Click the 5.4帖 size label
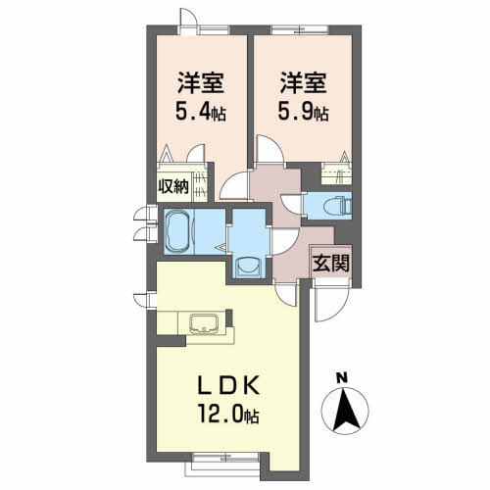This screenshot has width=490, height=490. pos(201,113)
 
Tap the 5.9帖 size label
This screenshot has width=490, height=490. pos(303,113)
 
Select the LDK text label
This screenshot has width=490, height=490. pos(229,385)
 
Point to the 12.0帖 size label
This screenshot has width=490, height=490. pos(227,415)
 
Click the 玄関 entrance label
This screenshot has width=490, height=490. pos(331,263)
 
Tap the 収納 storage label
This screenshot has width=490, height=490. pos(173,187)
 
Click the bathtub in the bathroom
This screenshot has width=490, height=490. pos(176,232)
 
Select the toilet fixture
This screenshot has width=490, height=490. pos(336,206)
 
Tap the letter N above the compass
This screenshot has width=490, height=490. pos(342,378)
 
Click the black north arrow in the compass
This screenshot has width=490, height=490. pos(345,410)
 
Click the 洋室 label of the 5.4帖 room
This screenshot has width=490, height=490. pos(201,83)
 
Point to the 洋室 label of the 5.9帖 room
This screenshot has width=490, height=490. pos(304,83)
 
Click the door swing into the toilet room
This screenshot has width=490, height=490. pos(292,204)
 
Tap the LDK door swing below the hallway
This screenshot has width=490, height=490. pos(287,295)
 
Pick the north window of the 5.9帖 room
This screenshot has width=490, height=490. pos(300,29)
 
